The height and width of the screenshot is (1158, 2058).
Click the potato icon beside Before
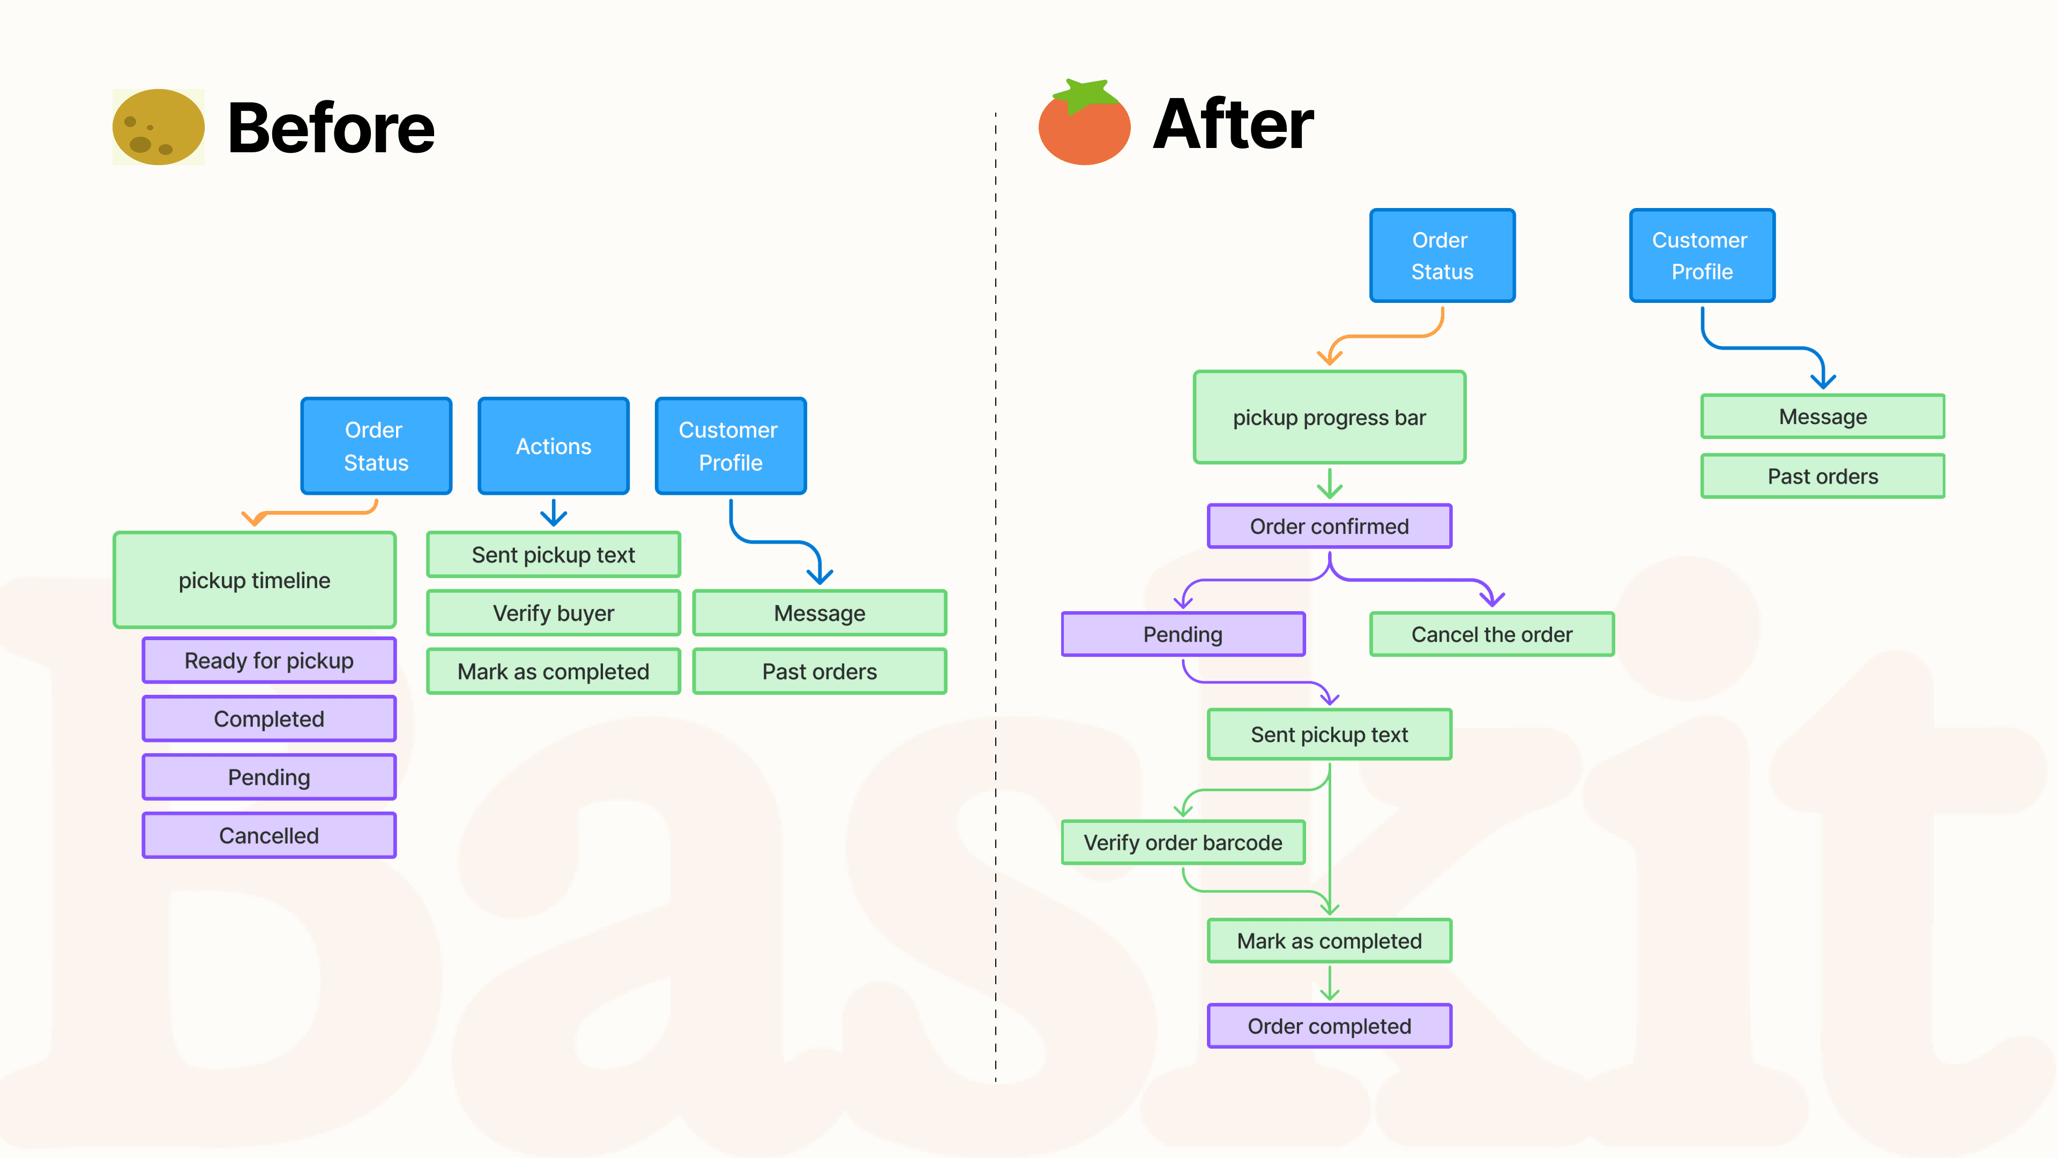158,127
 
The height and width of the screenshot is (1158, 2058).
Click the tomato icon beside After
1084,124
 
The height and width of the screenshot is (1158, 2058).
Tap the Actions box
553,446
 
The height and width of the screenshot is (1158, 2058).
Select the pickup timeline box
254,580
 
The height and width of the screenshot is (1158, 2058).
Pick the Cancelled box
269,835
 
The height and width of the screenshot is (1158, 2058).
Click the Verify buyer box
553,613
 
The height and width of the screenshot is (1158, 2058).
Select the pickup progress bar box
1329,417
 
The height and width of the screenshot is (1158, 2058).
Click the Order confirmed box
1329,526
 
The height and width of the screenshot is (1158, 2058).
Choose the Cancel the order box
1491,635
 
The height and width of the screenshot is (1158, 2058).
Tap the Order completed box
1329,1026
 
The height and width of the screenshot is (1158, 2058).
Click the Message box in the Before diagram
819,613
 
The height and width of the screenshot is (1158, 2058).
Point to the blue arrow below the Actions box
553,513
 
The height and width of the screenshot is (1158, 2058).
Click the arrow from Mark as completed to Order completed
1329,983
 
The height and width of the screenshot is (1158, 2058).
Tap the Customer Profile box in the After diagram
1702,256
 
